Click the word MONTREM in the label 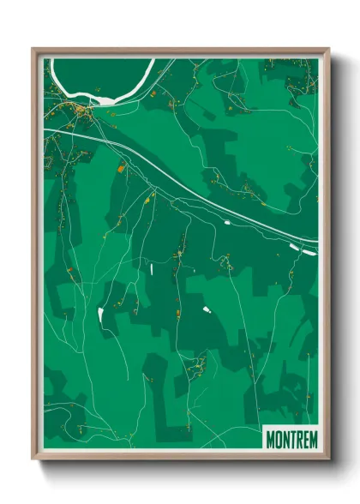[x=291, y=440]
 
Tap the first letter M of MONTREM [x=271, y=440]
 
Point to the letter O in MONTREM [x=279, y=440]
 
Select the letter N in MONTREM [x=287, y=440]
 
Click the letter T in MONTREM [x=294, y=440]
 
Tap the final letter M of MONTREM [x=313, y=440]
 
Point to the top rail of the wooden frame [x=180, y=51]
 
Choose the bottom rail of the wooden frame [x=180, y=457]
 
